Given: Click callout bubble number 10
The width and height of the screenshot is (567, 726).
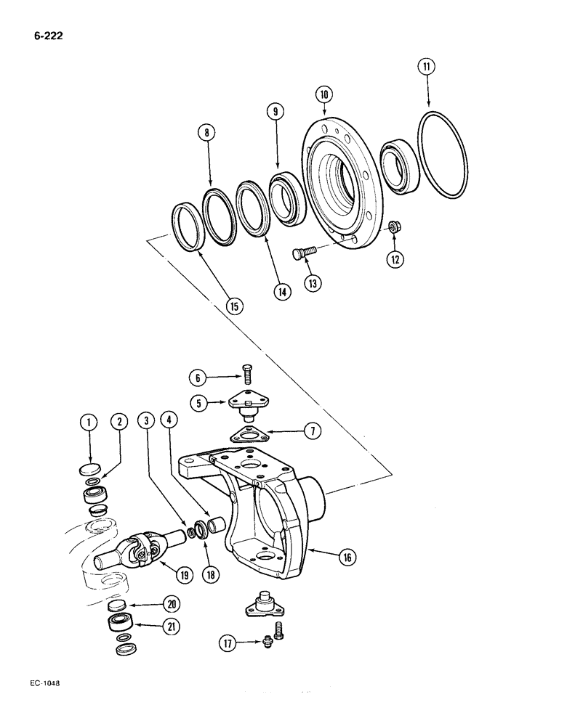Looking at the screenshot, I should point(324,94).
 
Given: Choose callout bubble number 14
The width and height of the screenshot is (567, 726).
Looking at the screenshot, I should point(281,291).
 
